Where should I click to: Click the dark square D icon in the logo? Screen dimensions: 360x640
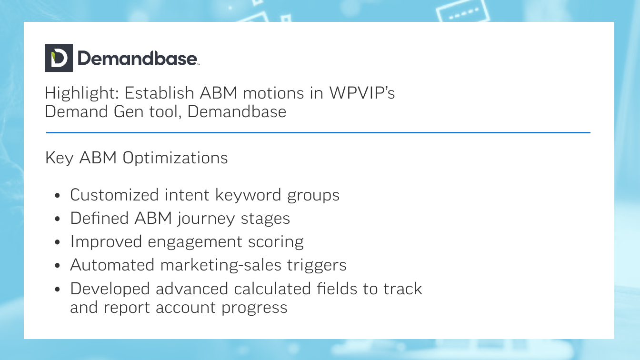(x=59, y=58)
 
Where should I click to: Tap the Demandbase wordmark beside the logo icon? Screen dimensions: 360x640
(x=138, y=59)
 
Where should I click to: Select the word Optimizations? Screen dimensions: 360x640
(x=175, y=158)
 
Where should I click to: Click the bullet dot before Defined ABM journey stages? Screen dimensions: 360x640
(x=58, y=219)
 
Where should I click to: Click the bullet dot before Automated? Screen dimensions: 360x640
(x=58, y=266)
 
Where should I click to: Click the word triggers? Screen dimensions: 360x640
(x=317, y=265)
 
